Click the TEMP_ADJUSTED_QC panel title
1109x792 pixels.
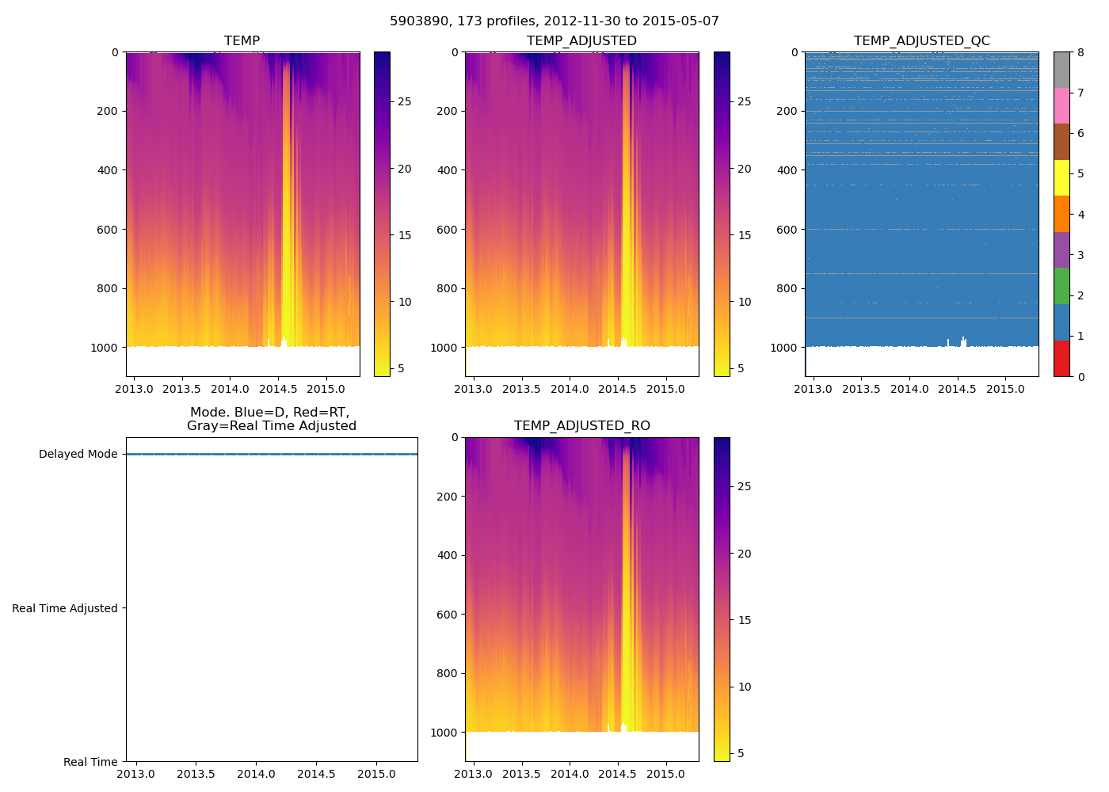tap(921, 41)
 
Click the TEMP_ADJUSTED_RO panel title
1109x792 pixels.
tap(581, 426)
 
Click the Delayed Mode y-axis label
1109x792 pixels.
tap(78, 455)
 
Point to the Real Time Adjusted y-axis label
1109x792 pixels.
tap(65, 608)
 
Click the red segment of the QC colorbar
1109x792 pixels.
tap(1061, 358)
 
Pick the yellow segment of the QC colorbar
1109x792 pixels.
tap(1061, 177)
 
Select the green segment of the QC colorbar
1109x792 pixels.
tap(1061, 286)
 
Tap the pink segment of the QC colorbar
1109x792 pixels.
tap(1061, 105)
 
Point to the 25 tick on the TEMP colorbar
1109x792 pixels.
tap(404, 102)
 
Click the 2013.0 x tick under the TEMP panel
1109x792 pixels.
tap(135, 389)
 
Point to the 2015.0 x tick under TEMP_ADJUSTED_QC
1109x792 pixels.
tap(1005, 389)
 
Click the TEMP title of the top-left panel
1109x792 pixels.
tap(242, 41)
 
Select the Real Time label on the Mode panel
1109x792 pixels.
tap(90, 762)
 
